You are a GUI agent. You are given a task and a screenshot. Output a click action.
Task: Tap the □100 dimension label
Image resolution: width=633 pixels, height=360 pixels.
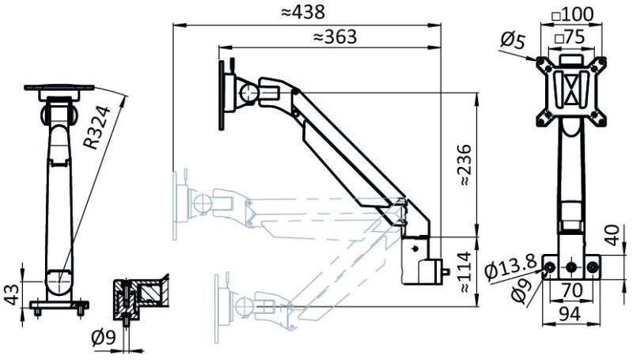coord(570,13)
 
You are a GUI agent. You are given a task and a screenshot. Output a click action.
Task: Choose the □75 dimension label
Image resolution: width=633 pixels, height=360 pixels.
coord(570,36)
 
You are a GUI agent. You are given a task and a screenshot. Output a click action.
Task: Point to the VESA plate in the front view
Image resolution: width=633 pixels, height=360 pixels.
coord(570,89)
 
